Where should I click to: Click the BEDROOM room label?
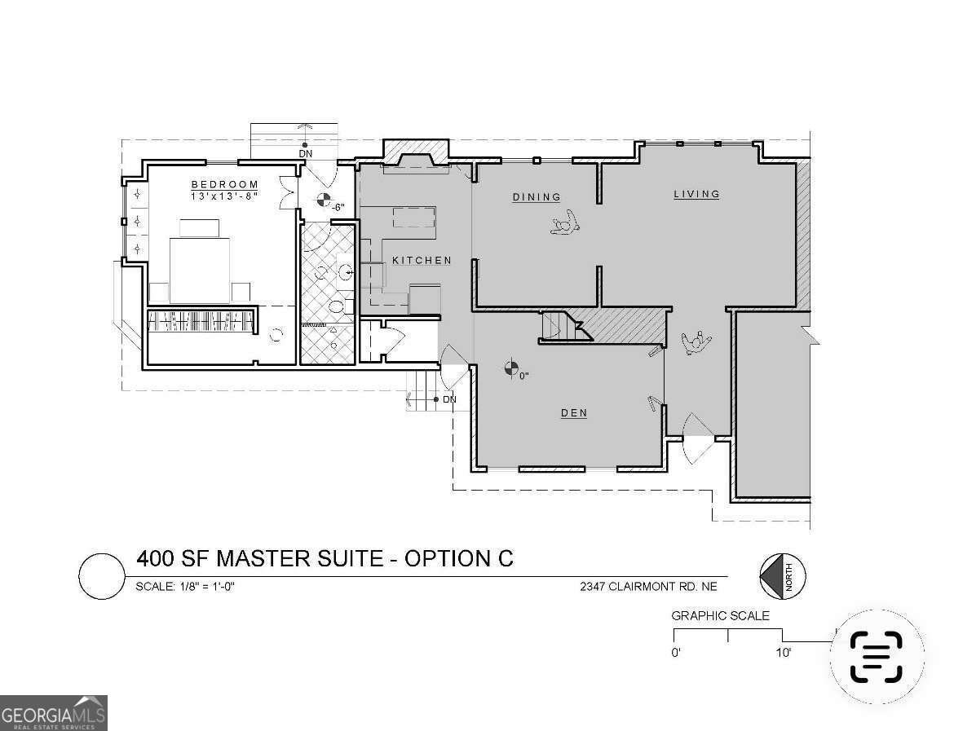[x=224, y=185]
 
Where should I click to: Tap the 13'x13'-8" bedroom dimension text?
[x=224, y=197]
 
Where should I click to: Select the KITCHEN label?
[x=422, y=261]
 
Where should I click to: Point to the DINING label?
[x=537, y=197]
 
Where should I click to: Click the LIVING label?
[x=696, y=194]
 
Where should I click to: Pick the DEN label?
[x=573, y=413]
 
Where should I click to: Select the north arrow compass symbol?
[x=781, y=575]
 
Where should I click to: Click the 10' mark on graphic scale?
[x=783, y=653]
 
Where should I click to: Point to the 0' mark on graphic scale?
[x=676, y=653]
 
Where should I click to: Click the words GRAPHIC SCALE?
[x=720, y=616]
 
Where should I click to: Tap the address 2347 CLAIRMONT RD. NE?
[x=649, y=586]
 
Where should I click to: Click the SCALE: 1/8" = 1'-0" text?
[x=185, y=587]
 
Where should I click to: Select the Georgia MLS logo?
[x=54, y=712]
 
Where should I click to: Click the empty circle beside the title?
[x=100, y=575]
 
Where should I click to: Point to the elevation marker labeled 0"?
[x=511, y=368]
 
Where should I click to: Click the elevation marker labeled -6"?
[x=324, y=200]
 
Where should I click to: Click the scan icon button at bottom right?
[x=877, y=656]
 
